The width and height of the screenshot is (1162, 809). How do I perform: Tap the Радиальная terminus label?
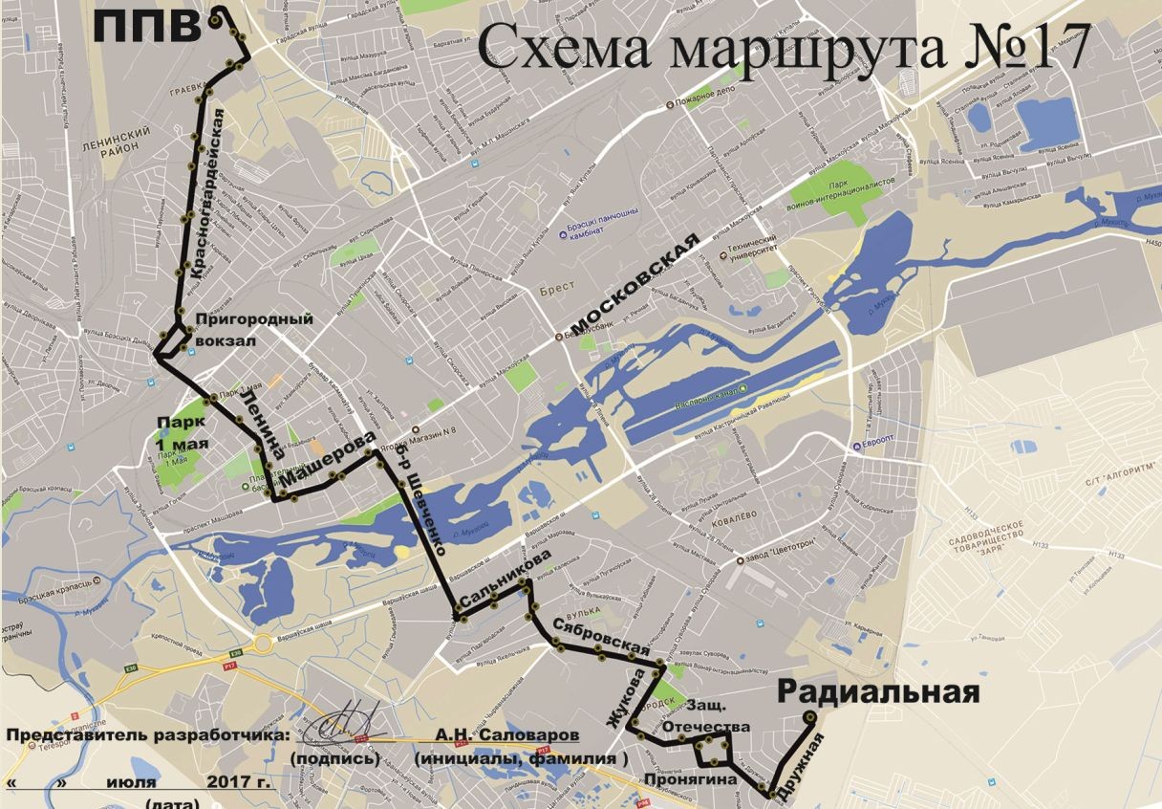(x=878, y=692)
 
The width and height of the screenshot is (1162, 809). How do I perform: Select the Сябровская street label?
(x=594, y=637)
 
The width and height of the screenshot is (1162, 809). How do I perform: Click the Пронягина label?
(x=690, y=779)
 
